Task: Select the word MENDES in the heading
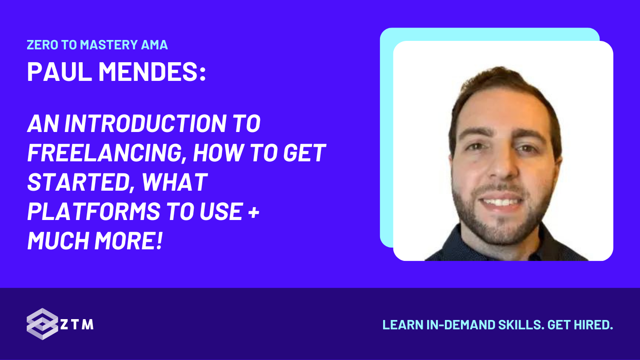pos(148,72)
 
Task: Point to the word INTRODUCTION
pos(145,124)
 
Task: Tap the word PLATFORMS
pos(94,212)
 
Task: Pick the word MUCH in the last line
pos(58,241)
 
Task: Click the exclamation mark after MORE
pos(160,241)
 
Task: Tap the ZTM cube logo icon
pos(42,324)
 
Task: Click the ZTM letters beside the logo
pos(77,324)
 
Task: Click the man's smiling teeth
pos(502,202)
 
